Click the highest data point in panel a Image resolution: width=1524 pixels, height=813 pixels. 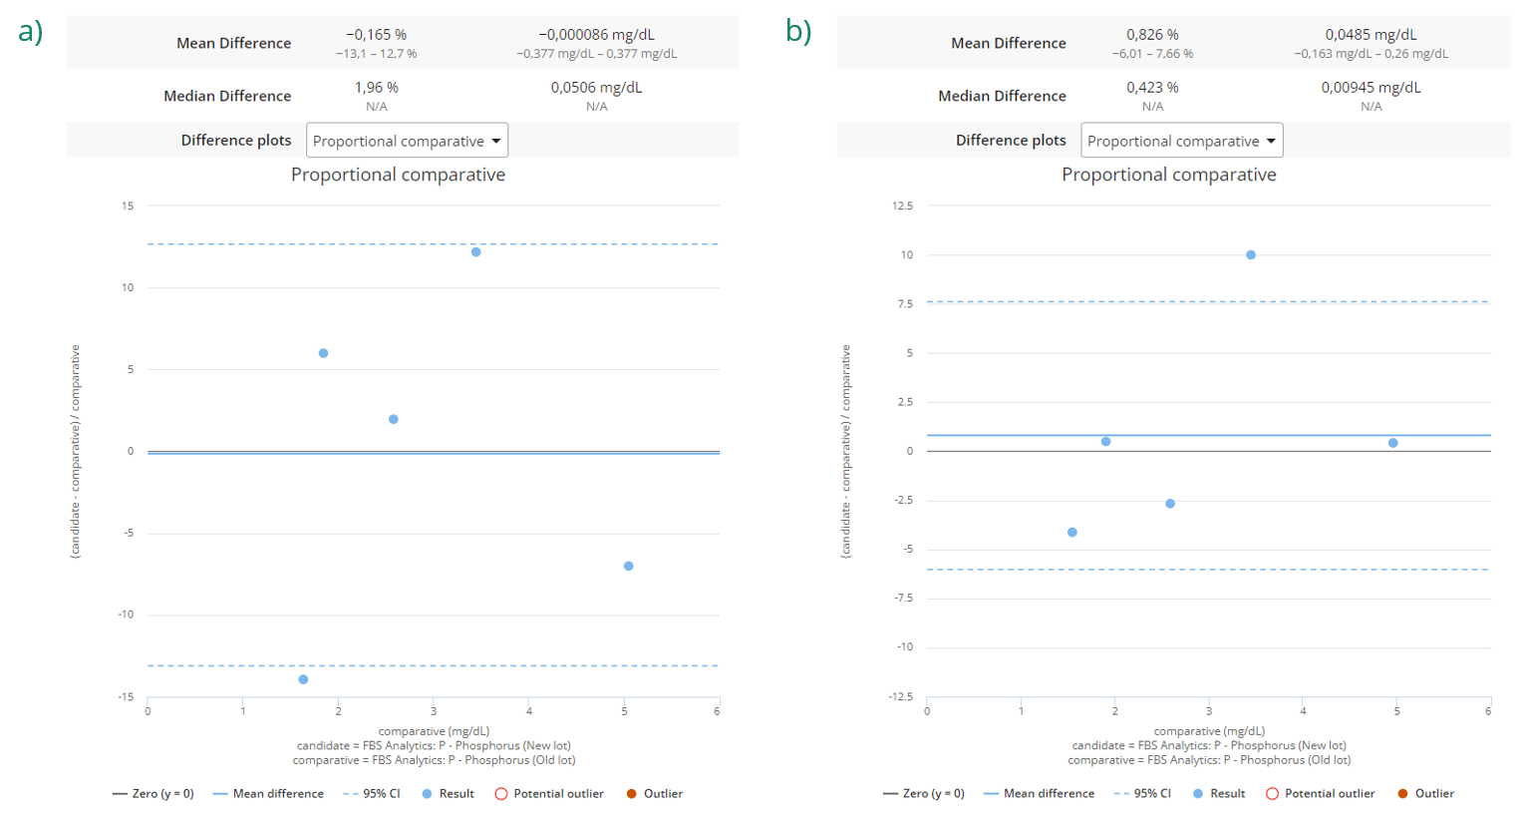click(x=476, y=252)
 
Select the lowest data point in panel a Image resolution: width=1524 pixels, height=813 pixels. click(x=304, y=679)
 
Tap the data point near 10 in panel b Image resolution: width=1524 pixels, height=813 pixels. click(x=1251, y=255)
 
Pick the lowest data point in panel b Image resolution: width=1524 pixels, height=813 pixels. click(x=1072, y=533)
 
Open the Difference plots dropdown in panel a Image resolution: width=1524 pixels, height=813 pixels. click(x=407, y=141)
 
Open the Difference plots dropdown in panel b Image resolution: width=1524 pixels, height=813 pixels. click(x=1181, y=141)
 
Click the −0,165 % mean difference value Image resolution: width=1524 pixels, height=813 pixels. click(x=376, y=35)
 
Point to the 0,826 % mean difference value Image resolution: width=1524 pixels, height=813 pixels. click(x=1152, y=35)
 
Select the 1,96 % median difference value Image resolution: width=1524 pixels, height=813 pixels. click(x=376, y=88)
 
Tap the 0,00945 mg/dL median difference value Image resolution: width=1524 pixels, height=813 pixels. click(x=1371, y=88)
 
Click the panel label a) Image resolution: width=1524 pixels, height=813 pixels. click(x=30, y=32)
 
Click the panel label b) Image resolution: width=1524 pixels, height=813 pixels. click(x=798, y=32)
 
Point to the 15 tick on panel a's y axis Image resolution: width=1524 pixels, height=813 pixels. click(x=128, y=206)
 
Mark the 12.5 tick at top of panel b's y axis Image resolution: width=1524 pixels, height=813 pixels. click(x=902, y=206)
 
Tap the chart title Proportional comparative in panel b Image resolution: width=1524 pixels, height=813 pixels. click(x=1168, y=175)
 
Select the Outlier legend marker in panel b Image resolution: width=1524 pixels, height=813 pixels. click(x=1403, y=794)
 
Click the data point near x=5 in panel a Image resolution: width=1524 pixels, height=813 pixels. click(x=629, y=567)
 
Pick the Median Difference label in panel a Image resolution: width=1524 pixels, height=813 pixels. click(x=227, y=96)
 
